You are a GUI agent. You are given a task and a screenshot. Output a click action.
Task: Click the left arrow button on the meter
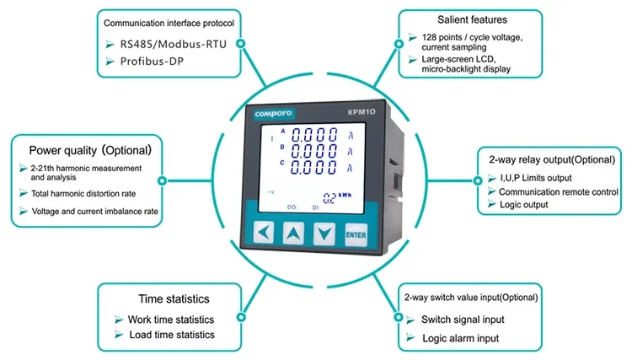264,232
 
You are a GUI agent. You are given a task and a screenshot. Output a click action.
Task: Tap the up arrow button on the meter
293,233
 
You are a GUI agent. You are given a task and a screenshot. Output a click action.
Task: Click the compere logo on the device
273,114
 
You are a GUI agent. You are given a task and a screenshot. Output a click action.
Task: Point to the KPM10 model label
362,111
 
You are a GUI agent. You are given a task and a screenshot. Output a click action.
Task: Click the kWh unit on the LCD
345,195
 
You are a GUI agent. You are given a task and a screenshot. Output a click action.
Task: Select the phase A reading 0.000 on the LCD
314,135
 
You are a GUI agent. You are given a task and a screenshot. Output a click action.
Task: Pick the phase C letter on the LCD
282,163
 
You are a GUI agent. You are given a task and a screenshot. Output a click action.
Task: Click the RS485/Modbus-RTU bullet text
174,44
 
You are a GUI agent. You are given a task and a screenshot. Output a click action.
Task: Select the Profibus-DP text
152,62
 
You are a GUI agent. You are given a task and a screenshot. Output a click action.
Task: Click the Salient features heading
473,19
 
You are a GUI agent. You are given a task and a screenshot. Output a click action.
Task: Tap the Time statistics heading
174,298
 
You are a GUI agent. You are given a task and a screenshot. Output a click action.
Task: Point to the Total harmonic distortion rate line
83,194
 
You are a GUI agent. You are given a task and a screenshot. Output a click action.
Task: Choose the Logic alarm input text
461,338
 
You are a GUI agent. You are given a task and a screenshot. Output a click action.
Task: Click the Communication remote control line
559,192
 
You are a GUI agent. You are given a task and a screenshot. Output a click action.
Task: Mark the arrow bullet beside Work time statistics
119,320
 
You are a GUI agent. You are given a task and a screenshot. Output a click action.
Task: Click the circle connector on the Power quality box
162,180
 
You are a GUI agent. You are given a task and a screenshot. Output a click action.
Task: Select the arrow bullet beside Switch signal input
410,320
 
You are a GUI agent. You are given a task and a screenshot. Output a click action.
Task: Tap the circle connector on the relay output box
478,180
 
